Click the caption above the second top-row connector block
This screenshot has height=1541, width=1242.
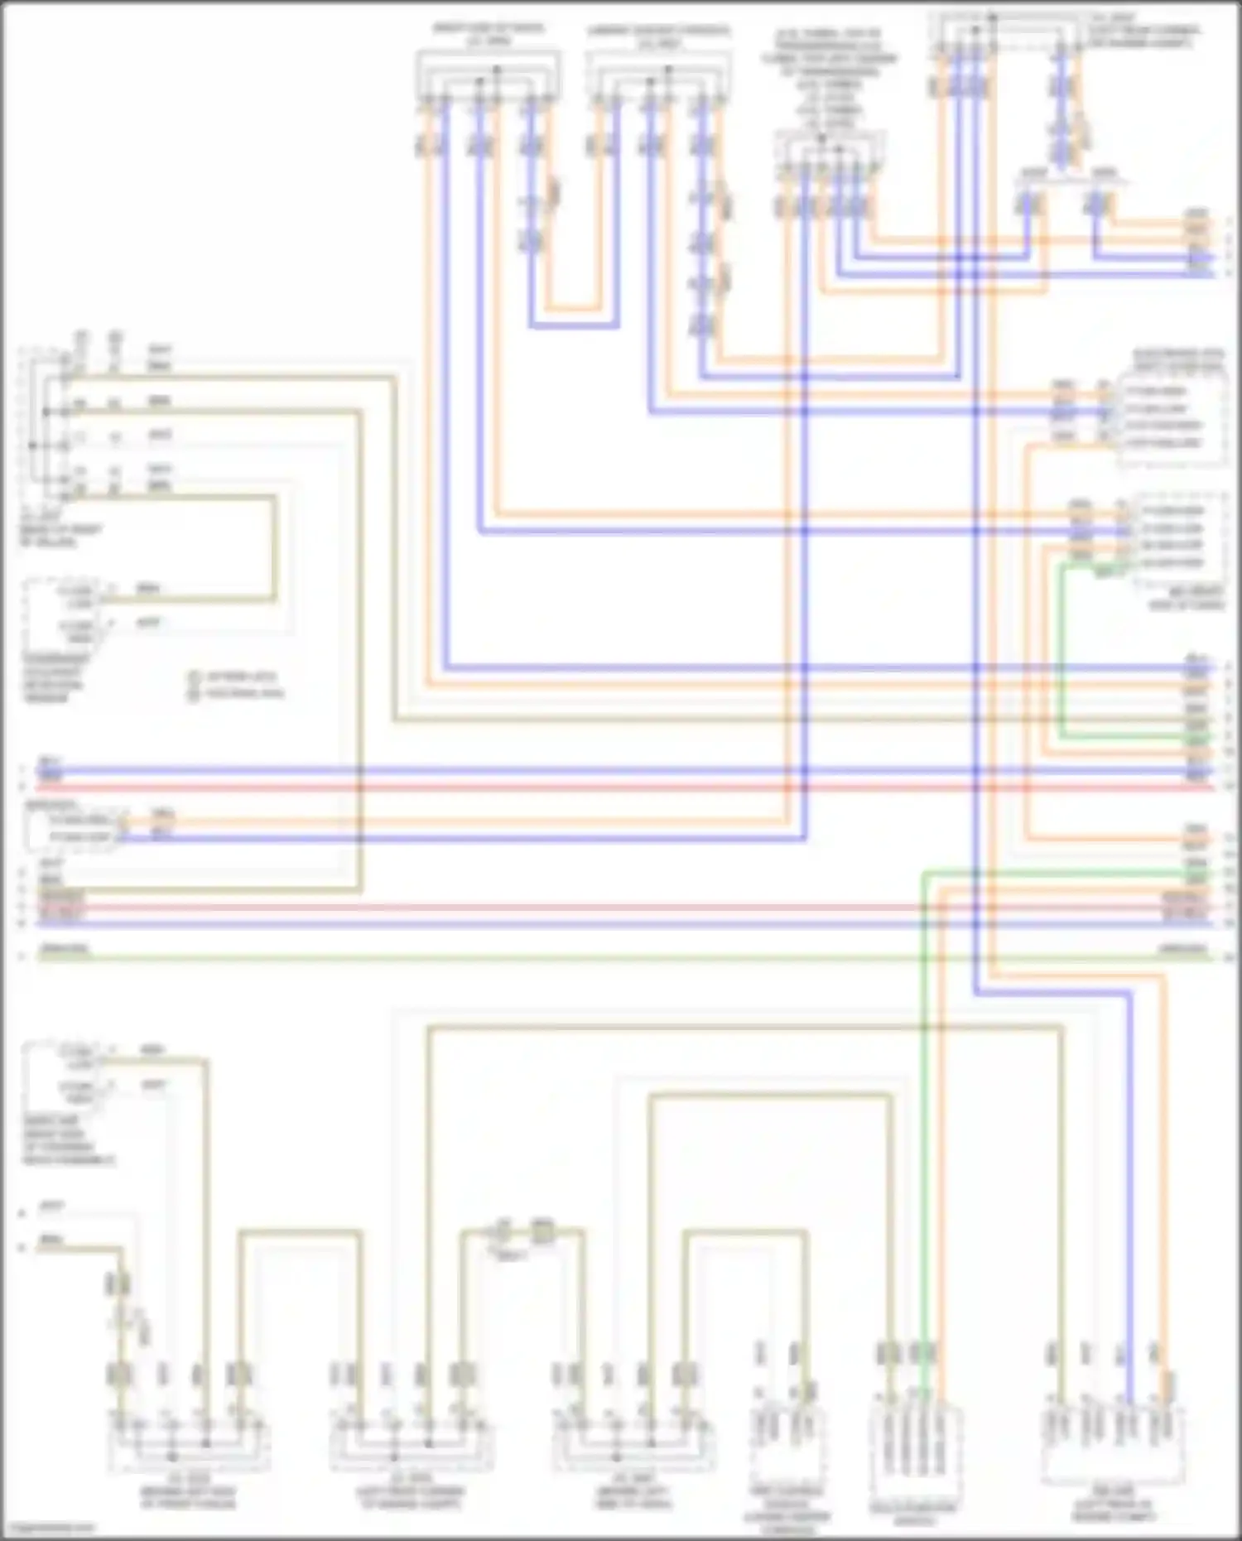pyautogui.click(x=658, y=36)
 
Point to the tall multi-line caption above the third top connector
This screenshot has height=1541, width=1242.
pyautogui.click(x=829, y=79)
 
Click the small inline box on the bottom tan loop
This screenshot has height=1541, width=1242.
pyautogui.click(x=542, y=1232)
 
